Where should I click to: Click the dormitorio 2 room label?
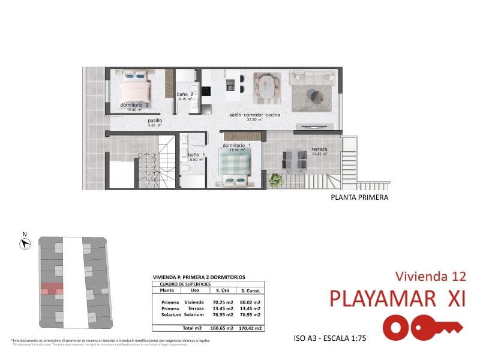coord(134,105)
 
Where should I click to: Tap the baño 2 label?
coord(185,95)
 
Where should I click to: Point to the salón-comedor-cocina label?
coord(254,115)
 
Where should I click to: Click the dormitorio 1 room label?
coord(236,145)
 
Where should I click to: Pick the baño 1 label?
coord(197,155)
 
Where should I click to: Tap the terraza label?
coord(319,149)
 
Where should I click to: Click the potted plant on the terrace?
coord(276,179)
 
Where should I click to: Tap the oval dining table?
coord(266,85)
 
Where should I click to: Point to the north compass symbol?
coord(25,243)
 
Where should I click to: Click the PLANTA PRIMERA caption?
coord(359,197)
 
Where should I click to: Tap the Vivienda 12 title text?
coord(431,277)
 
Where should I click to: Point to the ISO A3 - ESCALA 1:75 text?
coord(330,338)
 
